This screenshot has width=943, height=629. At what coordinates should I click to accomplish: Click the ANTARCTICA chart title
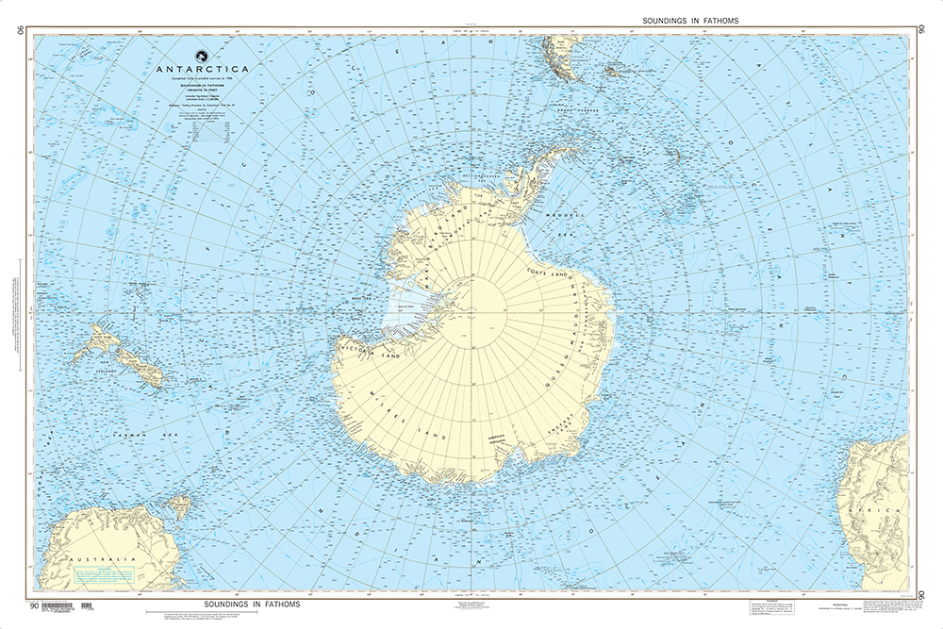204,69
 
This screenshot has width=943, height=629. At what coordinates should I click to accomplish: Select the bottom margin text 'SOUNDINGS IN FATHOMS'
250,604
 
